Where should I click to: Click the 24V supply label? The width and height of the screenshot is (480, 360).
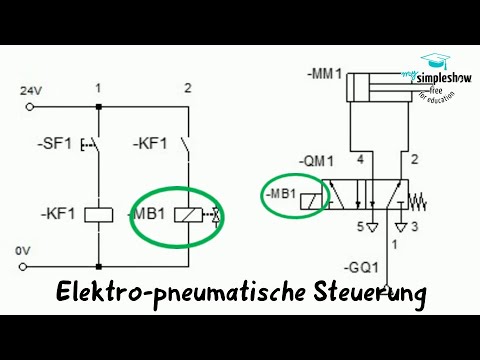pos(32,91)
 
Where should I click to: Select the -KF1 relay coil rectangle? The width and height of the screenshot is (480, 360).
pos(98,213)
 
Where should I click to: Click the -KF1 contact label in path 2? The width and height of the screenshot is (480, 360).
pos(149,145)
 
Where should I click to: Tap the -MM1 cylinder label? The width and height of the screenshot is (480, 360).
pos(326,73)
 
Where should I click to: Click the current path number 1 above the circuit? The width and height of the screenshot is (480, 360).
pos(98,88)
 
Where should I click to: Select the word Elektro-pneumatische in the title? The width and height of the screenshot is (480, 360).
pos(167,296)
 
